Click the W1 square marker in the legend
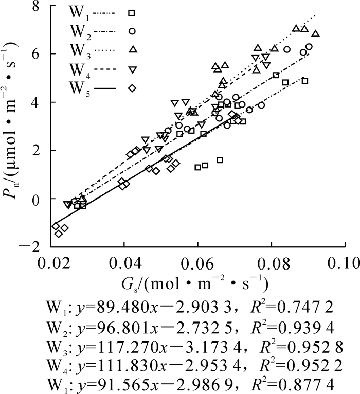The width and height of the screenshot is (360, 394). coord(132,12)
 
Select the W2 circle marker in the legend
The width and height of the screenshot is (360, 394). coord(132,31)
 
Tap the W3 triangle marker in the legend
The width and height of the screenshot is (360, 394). coord(132,49)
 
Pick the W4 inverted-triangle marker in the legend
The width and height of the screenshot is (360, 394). coord(132,69)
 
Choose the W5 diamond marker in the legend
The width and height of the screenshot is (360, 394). coord(132,88)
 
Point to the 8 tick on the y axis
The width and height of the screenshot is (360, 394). coord(38,6)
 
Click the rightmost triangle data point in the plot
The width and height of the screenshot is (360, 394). coord(316,34)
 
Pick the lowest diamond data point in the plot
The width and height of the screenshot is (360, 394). coord(59,234)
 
